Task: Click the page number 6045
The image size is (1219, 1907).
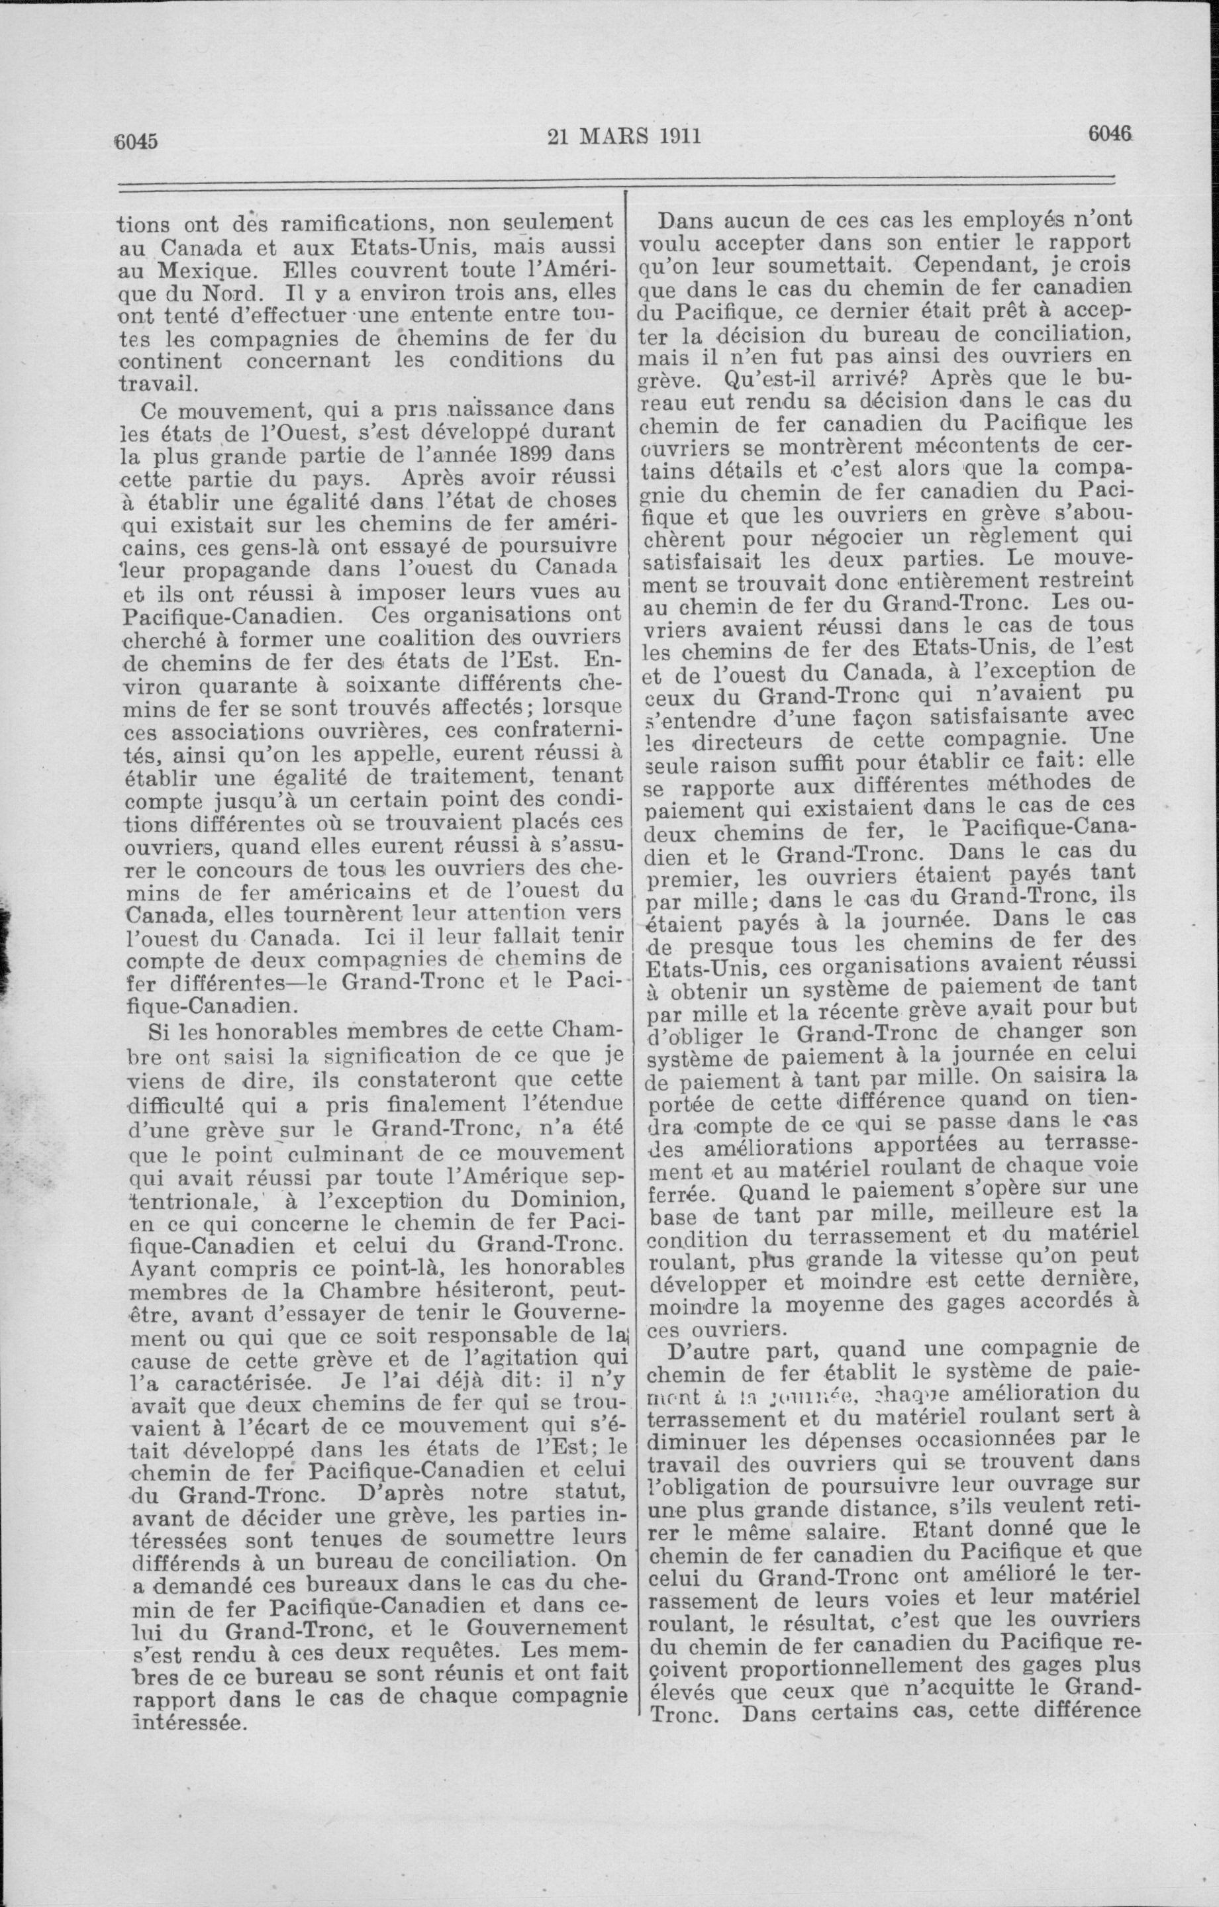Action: click(138, 142)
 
